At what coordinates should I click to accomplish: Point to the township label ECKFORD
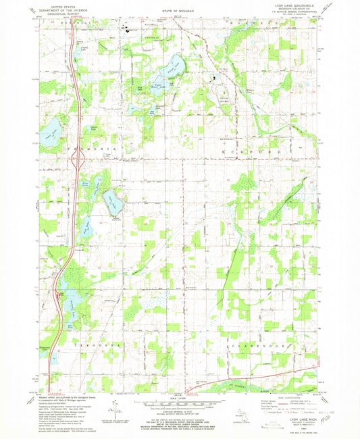pos(245,153)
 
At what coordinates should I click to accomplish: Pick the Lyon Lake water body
pos(175,66)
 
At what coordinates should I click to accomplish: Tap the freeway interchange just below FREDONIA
pos(76,159)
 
